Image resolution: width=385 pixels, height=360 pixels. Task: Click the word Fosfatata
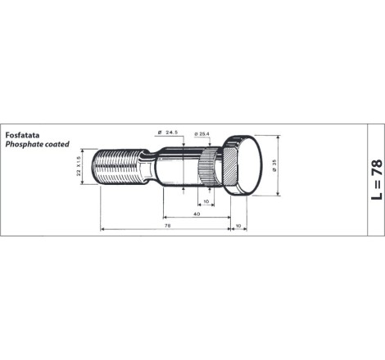pyautogui.click(x=22, y=135)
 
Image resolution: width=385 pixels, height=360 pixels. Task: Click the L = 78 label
pyautogui.click(x=377, y=179)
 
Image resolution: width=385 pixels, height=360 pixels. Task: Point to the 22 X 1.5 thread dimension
pyautogui.click(x=79, y=166)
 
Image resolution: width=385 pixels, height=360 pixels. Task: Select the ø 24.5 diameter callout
pyautogui.click(x=168, y=133)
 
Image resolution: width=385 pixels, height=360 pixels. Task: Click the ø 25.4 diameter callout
pyautogui.click(x=202, y=134)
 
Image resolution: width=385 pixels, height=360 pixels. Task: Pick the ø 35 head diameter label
pyautogui.click(x=274, y=165)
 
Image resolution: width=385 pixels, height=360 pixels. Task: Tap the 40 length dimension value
pyautogui.click(x=197, y=214)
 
